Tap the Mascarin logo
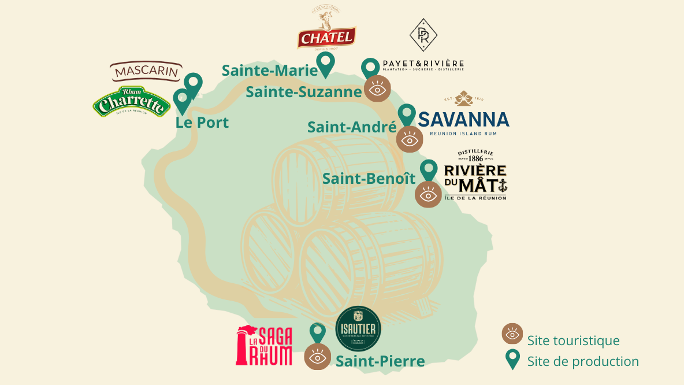click(146, 72)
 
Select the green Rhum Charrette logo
click(132, 103)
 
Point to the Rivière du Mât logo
click(475, 175)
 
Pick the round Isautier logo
click(358, 329)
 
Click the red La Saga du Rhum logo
click(265, 346)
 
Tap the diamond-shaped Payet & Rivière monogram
click(423, 35)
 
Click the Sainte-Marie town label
click(270, 71)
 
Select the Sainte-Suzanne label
click(304, 92)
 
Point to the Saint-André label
click(352, 127)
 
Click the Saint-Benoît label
click(369, 179)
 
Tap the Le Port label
click(202, 123)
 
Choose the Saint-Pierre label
click(380, 362)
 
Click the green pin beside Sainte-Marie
click(326, 64)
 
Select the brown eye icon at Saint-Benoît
click(428, 194)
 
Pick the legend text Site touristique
click(573, 341)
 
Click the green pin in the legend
click(512, 360)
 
